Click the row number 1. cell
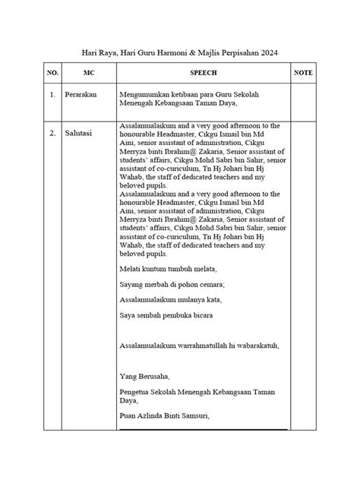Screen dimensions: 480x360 (x=52, y=96)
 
